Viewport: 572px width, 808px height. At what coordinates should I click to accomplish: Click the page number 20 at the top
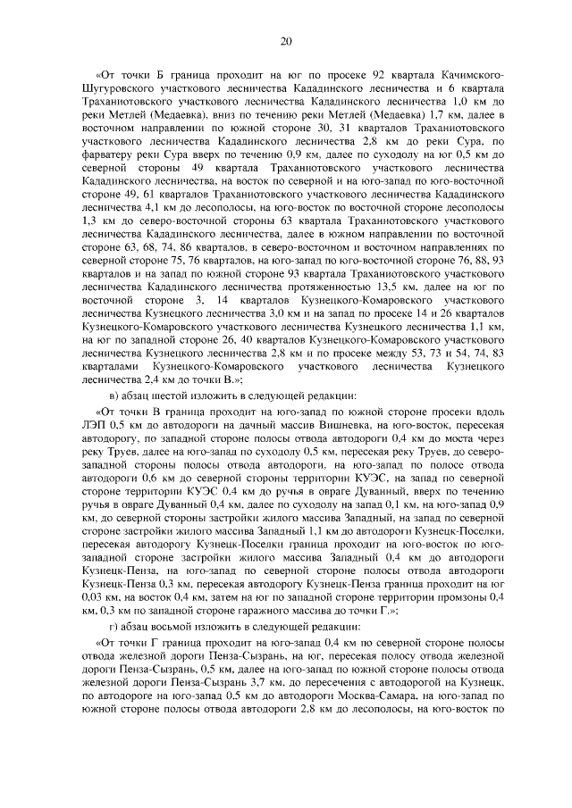pos(286,41)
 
